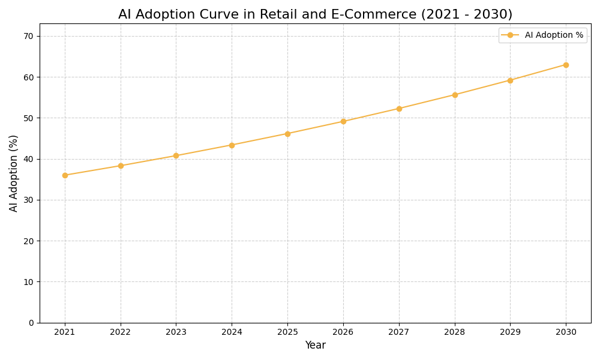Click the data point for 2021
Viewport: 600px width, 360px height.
coord(65,175)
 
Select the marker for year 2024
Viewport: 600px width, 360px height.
coord(232,145)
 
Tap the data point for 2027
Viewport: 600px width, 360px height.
coord(399,109)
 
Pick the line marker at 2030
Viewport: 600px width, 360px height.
coord(566,65)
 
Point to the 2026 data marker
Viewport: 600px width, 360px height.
coord(343,121)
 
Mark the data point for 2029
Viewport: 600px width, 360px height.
coord(510,80)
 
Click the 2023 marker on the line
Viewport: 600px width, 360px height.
coord(176,155)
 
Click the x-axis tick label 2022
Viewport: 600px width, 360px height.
coord(121,332)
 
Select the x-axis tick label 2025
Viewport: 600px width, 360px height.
coord(287,332)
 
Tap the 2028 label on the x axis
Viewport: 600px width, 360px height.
coord(455,332)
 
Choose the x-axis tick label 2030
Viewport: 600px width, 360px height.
coord(566,332)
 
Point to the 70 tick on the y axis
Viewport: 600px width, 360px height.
coord(28,36)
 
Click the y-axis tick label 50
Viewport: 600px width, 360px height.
coord(28,118)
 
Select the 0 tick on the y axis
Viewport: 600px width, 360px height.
coord(31,323)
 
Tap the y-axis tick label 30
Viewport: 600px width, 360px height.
coord(28,200)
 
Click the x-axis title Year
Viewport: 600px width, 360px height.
coord(315,346)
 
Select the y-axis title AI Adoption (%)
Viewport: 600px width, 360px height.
coord(14,173)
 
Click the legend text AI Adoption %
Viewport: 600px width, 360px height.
coord(554,35)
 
